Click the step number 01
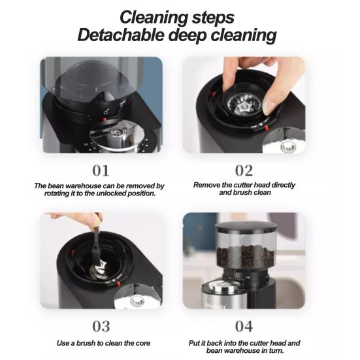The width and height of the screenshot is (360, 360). pyautogui.click(x=101, y=171)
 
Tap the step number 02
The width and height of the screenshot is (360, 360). pyautogui.click(x=244, y=171)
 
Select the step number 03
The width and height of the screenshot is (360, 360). pyautogui.click(x=101, y=326)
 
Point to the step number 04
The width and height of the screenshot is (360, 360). pyautogui.click(x=244, y=326)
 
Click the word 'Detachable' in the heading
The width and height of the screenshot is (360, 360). pyautogui.click(x=121, y=35)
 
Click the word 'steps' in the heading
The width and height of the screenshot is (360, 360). pyautogui.click(x=213, y=18)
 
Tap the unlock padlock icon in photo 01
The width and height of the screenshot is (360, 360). pyautogui.click(x=106, y=112)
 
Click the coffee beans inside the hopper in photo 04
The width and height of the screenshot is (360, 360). pyautogui.click(x=246, y=257)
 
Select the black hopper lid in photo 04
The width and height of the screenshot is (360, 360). pyautogui.click(x=246, y=227)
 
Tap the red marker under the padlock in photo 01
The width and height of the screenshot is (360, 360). pyautogui.click(x=105, y=120)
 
